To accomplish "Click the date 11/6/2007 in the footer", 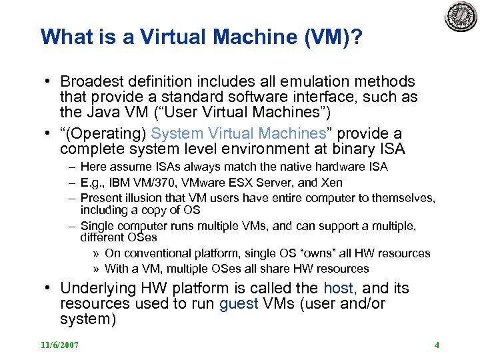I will [x=59, y=345].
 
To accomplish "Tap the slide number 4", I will [x=436, y=345].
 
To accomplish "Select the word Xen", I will [x=331, y=183].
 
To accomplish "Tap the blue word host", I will [x=338, y=289].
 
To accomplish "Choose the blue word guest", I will [x=238, y=304].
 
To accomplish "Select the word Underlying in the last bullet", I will [x=94, y=289].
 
